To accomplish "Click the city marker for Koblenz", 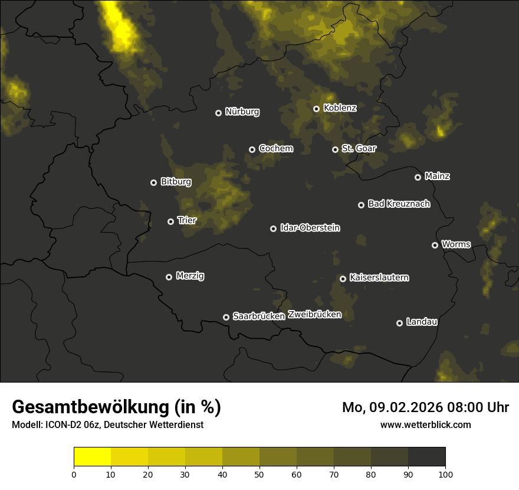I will tap(316, 109).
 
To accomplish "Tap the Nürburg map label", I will tap(242, 112).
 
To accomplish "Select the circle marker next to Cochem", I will tap(252, 149).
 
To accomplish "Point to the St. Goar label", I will tap(359, 148).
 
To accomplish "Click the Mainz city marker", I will tap(418, 177).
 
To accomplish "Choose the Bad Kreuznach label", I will tap(399, 204).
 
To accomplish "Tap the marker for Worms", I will tap(435, 245).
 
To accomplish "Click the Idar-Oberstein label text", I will tap(310, 227).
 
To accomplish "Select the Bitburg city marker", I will tap(153, 182).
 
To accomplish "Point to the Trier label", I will tap(187, 220).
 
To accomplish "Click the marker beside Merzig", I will tap(169, 277).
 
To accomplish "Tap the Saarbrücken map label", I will tap(259, 316).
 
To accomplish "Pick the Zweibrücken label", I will tap(314, 315).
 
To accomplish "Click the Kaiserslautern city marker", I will tap(343, 279).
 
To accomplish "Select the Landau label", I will tap(422, 322).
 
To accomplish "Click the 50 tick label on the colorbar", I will tap(259, 473).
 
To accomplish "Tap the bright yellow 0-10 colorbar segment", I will tap(92, 457).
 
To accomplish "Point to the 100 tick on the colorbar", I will tap(445, 473).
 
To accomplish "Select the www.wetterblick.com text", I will tap(425, 424).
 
